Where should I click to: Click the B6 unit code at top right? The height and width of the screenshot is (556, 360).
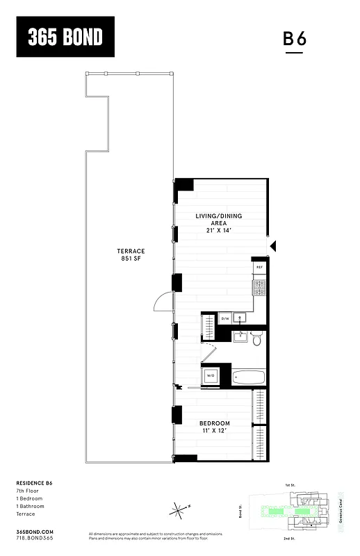pos(295,40)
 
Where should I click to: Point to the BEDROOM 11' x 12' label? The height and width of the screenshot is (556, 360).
pos(215,427)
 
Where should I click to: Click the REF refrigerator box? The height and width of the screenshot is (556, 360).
pos(260,267)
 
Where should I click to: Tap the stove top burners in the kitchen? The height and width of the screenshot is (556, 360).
pos(259,286)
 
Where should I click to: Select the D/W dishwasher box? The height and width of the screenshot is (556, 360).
pos(225,319)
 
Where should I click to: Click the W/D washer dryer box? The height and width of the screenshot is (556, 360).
pos(210,376)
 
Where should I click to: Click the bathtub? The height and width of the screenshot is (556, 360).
pos(249,377)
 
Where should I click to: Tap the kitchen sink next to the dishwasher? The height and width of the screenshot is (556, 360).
pos(240,319)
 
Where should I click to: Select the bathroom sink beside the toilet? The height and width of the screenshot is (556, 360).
pos(240,338)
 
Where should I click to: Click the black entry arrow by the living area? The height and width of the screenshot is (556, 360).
pos(274,245)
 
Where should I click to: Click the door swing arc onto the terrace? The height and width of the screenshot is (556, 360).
pos(163,302)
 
